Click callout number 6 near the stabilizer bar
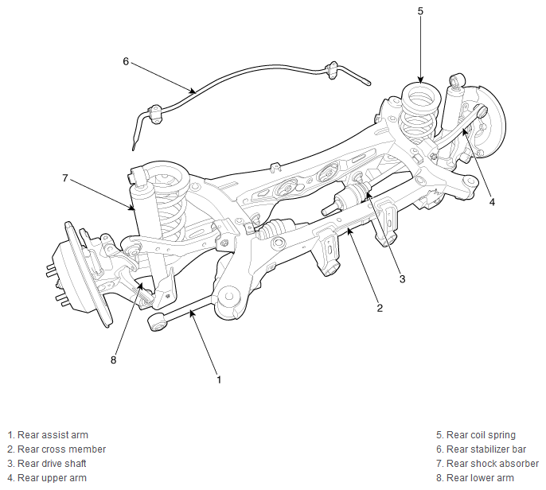(126, 61)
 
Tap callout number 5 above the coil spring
(420, 11)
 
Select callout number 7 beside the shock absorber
(65, 178)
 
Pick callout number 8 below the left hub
(113, 360)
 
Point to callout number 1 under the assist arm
(219, 379)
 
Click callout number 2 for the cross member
(380, 308)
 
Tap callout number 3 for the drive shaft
(402, 278)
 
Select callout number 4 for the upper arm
(492, 202)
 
